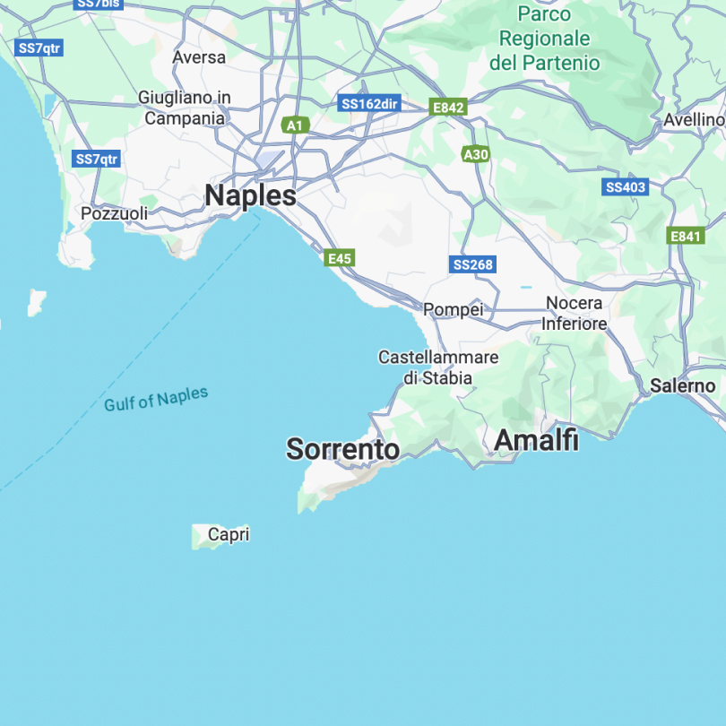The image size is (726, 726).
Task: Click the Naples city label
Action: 250,195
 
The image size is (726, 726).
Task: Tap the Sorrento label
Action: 342,449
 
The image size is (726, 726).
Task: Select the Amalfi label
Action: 536,440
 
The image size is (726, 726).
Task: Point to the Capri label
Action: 228,535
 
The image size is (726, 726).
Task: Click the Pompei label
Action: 453,310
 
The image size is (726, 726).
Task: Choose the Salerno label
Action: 683,386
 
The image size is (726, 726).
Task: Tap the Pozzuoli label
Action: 114,214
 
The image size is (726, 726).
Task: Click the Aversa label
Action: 199,56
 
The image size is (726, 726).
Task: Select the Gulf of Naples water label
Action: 156,399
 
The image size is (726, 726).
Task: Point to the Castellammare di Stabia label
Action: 437,367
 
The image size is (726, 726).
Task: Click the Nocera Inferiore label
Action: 575,314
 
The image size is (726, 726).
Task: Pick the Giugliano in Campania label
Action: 185,108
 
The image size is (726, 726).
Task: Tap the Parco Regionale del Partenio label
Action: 544,39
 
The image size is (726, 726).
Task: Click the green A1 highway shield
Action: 294,125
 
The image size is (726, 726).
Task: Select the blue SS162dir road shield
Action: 369,104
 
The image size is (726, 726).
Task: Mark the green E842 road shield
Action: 448,108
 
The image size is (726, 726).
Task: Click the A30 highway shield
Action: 476,155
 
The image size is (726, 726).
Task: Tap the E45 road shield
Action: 340,258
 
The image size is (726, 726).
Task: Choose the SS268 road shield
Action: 472,264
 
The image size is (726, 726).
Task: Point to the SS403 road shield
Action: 625,187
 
